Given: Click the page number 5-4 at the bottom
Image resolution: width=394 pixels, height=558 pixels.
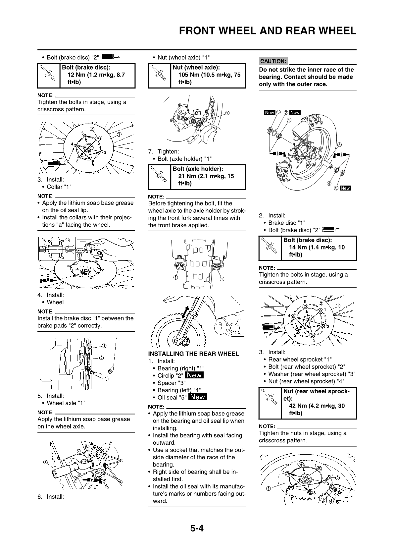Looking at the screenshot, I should click(197, 528).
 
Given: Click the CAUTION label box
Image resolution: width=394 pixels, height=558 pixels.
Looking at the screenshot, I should click(273, 61).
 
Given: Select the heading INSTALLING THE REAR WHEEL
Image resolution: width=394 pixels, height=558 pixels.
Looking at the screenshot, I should click(193, 354).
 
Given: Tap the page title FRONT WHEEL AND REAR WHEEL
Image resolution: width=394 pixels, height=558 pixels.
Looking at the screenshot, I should click(268, 31).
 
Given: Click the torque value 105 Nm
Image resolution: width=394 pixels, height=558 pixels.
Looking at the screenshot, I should click(188, 75).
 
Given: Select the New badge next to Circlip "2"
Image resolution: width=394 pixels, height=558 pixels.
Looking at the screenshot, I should click(194, 375).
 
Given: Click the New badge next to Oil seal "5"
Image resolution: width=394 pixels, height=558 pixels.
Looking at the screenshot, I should click(197, 397).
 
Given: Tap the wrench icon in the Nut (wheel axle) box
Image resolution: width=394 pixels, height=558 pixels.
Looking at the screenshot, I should click(159, 76).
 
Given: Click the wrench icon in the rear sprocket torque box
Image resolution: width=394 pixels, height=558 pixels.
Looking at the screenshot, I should click(270, 403).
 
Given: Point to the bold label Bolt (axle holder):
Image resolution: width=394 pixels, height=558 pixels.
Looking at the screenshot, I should click(198, 169).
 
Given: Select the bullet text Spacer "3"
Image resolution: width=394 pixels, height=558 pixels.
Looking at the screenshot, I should click(171, 383).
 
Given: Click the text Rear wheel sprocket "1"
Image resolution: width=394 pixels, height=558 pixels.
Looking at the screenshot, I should click(300, 360).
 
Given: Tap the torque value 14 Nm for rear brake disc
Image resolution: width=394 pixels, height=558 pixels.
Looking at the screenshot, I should click(299, 248).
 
